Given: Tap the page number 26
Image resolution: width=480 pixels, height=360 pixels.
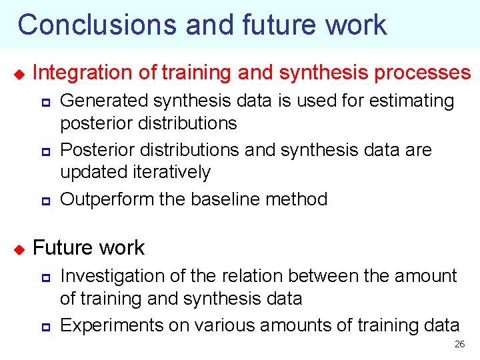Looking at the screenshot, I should (459, 344).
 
